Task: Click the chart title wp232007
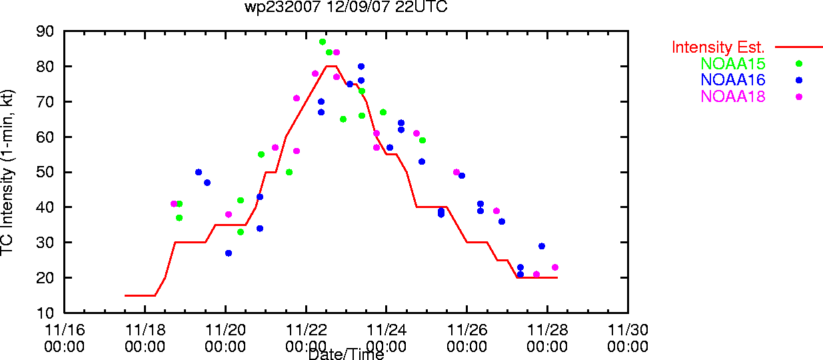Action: [283, 7]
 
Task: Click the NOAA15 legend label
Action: [733, 63]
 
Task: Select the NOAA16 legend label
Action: [733, 80]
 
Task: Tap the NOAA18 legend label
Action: [733, 97]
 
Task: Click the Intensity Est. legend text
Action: [718, 47]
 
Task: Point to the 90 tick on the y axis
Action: [45, 31]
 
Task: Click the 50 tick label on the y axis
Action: [45, 172]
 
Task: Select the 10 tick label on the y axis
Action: [45, 313]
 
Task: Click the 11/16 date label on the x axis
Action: [65, 330]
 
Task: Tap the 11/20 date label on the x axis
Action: [225, 330]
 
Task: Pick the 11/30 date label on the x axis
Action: [628, 330]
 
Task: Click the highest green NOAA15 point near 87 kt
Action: [323, 42]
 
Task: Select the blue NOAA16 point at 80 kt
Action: [361, 67]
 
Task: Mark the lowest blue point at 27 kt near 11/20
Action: [229, 253]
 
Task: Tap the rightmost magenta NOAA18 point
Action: [555, 267]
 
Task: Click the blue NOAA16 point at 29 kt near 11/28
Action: [542, 247]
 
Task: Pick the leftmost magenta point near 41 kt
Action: [174, 204]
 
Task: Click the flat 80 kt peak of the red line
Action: [331, 66]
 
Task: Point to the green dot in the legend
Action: [799, 63]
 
